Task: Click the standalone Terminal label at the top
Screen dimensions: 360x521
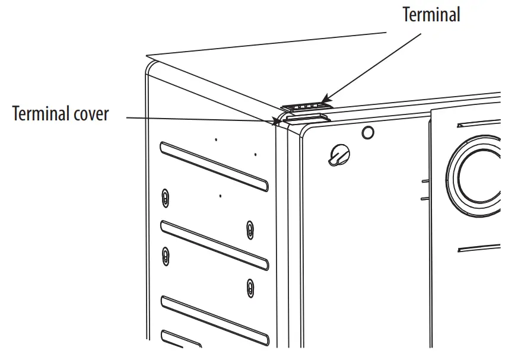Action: (x=431, y=15)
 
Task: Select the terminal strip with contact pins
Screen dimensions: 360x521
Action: (x=304, y=106)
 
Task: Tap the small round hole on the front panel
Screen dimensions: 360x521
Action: (x=368, y=132)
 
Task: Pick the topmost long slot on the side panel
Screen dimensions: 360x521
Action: (x=214, y=167)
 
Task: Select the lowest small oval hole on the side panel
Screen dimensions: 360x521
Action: (x=250, y=288)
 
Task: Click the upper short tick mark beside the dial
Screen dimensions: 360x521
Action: (x=425, y=179)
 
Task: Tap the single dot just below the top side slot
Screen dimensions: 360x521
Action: (x=220, y=195)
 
